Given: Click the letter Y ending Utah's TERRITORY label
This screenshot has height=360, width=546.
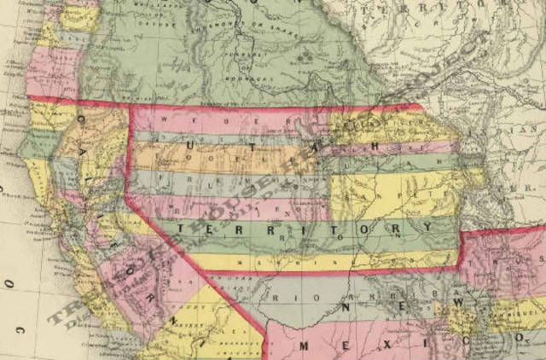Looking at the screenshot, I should (x=424, y=226).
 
